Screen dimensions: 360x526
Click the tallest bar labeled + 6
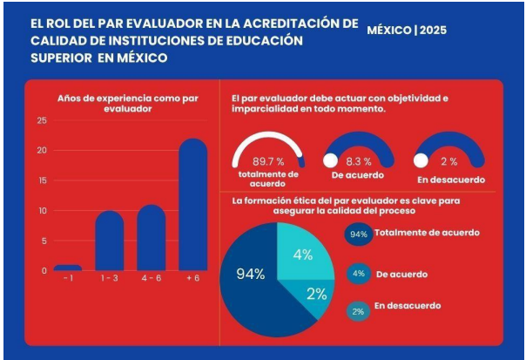click(193, 206)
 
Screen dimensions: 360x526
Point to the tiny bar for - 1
click(68, 268)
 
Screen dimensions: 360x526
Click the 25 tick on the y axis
click(43, 119)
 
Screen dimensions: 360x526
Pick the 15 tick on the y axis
click(43, 180)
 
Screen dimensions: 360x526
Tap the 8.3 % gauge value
click(359, 161)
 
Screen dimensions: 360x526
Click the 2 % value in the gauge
click(448, 161)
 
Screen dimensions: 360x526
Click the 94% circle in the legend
click(357, 234)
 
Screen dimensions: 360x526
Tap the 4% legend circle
click(357, 273)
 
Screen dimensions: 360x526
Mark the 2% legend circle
click(357, 310)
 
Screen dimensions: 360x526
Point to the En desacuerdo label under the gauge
click(449, 180)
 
